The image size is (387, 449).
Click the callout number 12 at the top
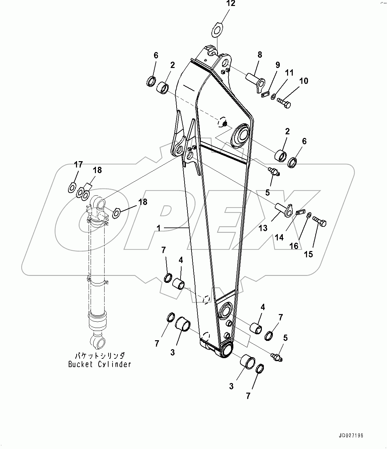click(231, 4)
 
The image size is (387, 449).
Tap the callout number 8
click(260, 55)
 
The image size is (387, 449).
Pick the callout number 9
click(278, 65)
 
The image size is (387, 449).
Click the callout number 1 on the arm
click(159, 228)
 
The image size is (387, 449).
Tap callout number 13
click(263, 228)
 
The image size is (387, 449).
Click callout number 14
click(279, 237)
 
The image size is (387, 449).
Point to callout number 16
click(294, 246)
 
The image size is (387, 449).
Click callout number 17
click(78, 164)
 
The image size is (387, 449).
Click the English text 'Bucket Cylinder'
click(100, 364)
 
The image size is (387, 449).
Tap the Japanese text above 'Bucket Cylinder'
click(100, 356)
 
